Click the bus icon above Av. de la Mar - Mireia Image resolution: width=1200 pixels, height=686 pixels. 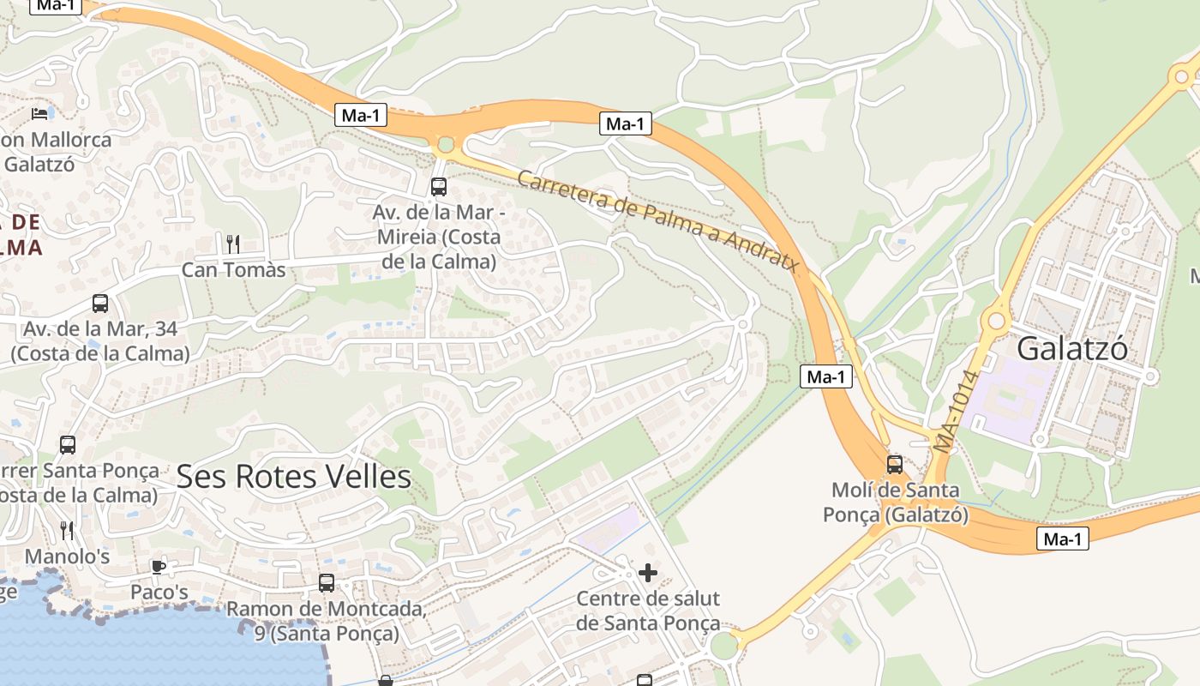(438, 186)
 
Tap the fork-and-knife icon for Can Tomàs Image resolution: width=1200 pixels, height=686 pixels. (232, 244)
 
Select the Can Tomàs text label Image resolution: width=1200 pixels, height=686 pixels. (233, 270)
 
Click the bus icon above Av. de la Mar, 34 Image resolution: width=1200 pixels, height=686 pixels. (100, 304)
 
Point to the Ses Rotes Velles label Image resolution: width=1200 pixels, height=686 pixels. (293, 477)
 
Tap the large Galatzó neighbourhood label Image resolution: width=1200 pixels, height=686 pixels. (1072, 349)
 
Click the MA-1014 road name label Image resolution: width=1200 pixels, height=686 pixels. (957, 411)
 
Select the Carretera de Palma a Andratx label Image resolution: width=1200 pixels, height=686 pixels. (658, 220)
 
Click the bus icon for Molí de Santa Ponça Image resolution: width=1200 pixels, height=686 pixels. (894, 465)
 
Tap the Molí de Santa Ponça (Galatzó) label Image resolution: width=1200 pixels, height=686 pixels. (896, 502)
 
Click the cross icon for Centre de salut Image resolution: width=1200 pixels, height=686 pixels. (648, 572)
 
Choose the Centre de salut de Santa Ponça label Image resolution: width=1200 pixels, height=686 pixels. (648, 611)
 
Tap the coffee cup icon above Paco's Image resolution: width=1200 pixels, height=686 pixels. (159, 567)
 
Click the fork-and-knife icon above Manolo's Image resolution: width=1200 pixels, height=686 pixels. (68, 530)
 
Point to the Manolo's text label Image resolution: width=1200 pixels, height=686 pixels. (68, 557)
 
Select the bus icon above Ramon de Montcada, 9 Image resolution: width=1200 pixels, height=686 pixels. (327, 583)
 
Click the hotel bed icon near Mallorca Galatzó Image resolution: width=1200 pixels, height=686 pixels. (39, 113)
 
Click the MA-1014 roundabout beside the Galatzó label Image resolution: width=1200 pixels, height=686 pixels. (996, 322)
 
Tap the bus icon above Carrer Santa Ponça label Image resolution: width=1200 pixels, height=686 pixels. (68, 445)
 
